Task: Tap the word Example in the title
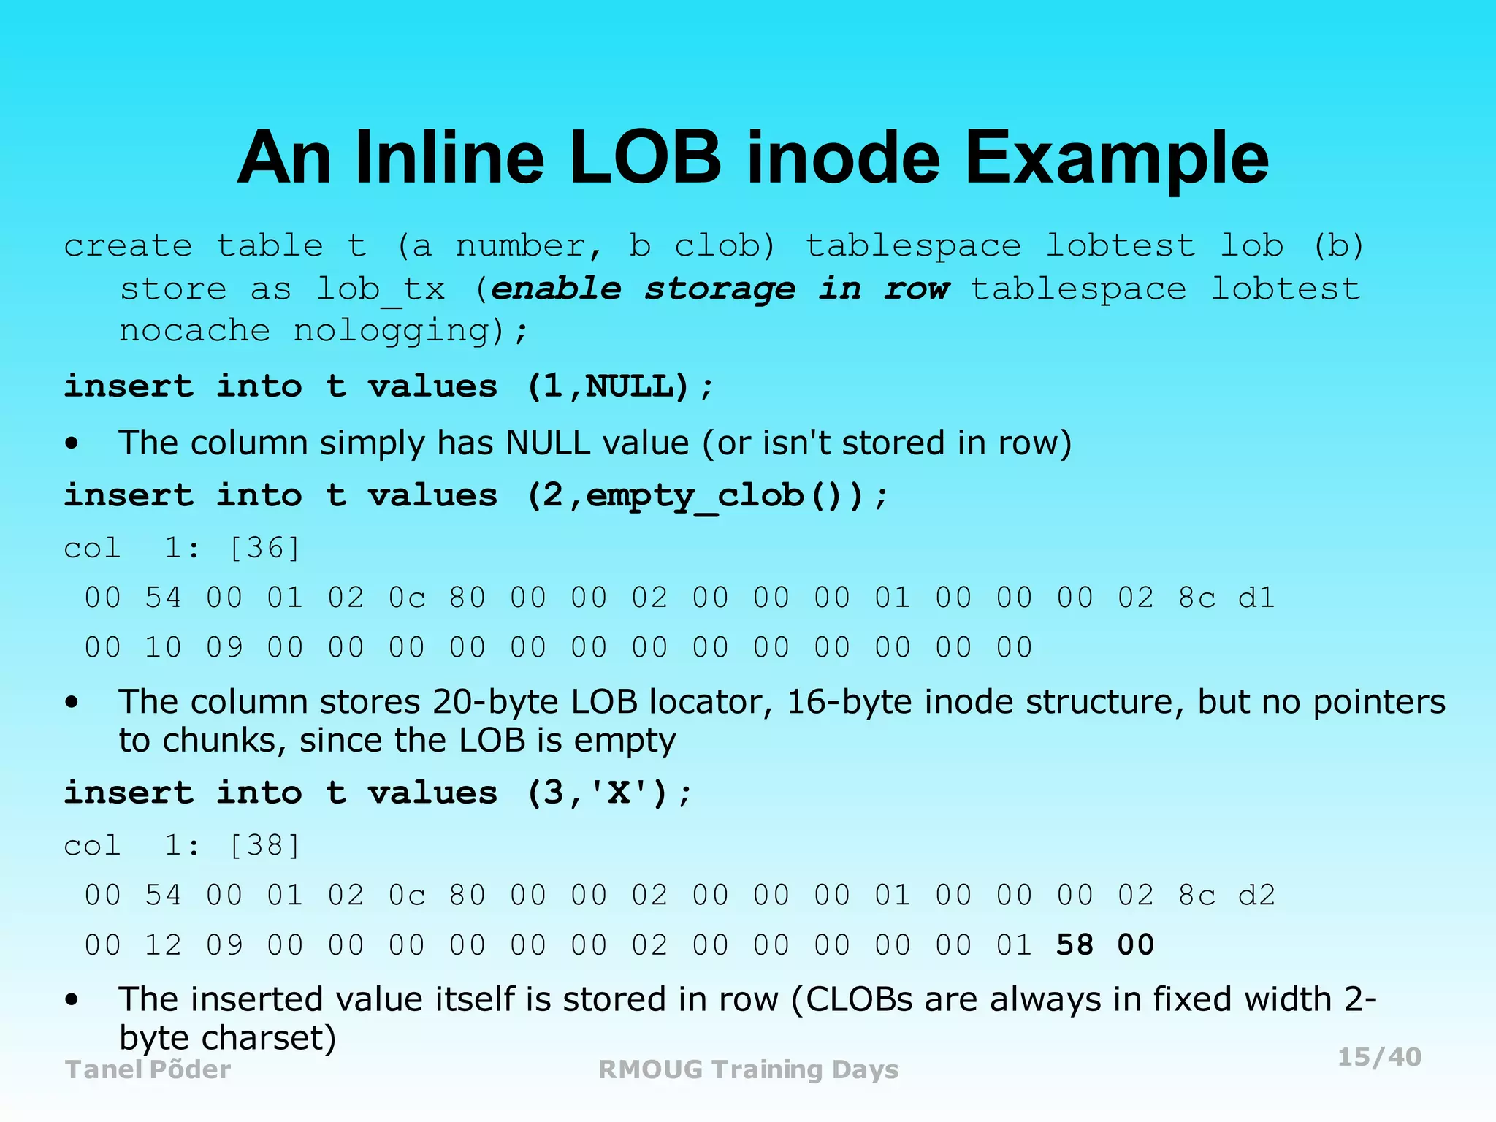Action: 1117,159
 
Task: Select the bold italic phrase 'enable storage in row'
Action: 720,289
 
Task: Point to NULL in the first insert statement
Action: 636,386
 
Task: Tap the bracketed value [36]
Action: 264,548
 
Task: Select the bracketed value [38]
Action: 264,845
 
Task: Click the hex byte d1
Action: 1256,598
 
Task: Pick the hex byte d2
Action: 1256,896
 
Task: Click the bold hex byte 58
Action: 1075,945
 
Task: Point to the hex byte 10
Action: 163,648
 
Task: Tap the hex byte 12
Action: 163,945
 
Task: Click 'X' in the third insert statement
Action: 618,793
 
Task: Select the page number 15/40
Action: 1379,1057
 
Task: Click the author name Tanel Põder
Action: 148,1069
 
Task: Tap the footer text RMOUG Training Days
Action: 748,1069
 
